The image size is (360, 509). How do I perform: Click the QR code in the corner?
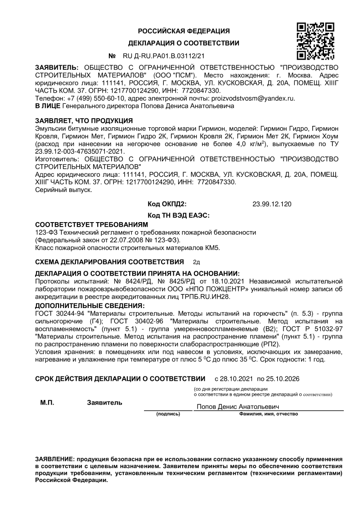pyautogui.click(x=315, y=41)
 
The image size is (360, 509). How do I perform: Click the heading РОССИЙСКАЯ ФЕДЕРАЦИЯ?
pyautogui.click(x=184, y=31)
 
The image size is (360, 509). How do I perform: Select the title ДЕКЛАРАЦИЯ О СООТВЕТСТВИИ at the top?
pyautogui.click(x=184, y=44)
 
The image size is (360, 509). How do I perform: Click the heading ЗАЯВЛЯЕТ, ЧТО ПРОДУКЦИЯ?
pyautogui.click(x=84, y=121)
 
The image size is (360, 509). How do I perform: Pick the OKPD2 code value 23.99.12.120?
pyautogui.click(x=272, y=204)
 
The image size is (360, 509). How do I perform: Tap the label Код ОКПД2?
pyautogui.click(x=167, y=204)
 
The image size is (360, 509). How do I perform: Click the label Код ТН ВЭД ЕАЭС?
pyautogui.click(x=179, y=215)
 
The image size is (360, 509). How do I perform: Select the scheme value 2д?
pyautogui.click(x=196, y=261)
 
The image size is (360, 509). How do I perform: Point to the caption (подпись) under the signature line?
pyautogui.click(x=168, y=414)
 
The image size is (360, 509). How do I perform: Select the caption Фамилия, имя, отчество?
pyautogui.click(x=269, y=414)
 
